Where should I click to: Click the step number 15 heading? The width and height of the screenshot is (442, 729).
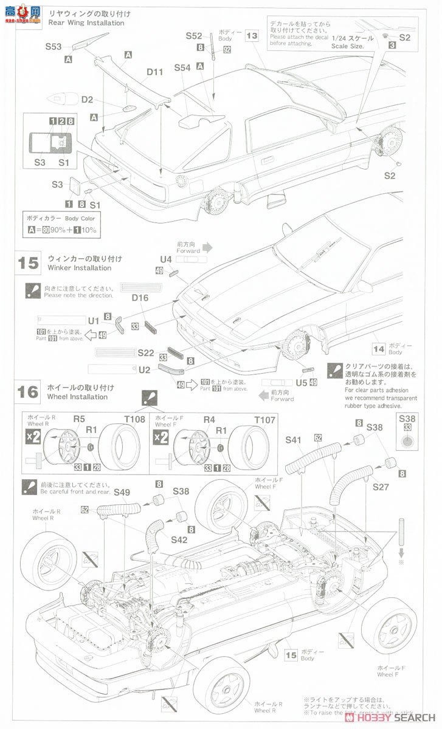pyautogui.click(x=29, y=263)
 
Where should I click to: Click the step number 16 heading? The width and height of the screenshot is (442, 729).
pyautogui.click(x=29, y=392)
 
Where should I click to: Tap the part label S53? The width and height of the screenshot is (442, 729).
pyautogui.click(x=53, y=47)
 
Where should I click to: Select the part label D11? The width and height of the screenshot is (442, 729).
pyautogui.click(x=155, y=72)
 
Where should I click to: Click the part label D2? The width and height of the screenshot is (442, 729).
pyautogui.click(x=87, y=100)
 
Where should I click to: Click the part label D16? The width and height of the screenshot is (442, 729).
pyautogui.click(x=140, y=298)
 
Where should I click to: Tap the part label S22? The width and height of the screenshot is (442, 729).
pyautogui.click(x=146, y=352)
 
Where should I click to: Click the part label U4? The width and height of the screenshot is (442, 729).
pyautogui.click(x=166, y=259)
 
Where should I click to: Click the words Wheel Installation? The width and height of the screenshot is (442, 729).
pyautogui.click(x=77, y=397)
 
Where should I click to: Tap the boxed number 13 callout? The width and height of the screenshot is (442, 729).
pyautogui.click(x=252, y=36)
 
